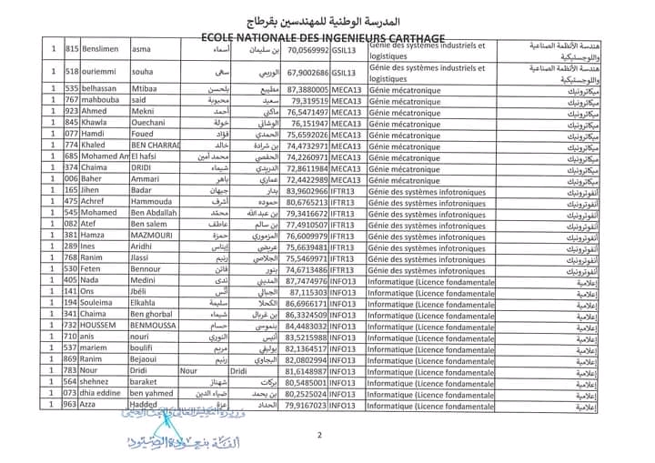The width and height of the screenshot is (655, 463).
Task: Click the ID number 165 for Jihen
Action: pyautogui.click(x=72, y=190)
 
